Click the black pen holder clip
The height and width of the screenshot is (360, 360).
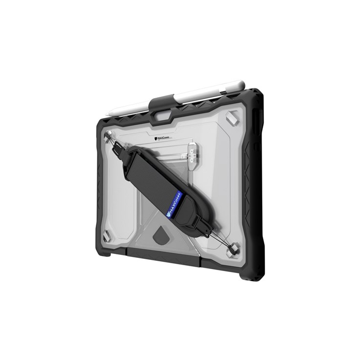pyautogui.click(x=161, y=104)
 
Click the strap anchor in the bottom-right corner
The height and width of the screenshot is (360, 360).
pyautogui.click(x=234, y=249)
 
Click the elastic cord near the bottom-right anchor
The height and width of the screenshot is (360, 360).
pyautogui.click(x=222, y=242)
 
